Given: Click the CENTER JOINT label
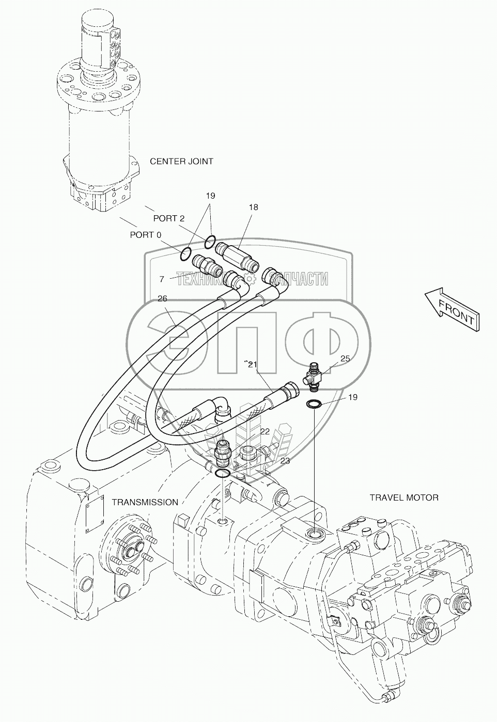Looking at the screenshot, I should coord(181,162).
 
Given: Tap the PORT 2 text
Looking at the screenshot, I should coord(168,218).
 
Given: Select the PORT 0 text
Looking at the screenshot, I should coord(145,235).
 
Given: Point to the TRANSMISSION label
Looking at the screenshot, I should coord(145,502).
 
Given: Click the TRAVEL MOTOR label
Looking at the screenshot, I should coord(404,498).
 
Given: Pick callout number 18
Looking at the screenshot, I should coord(253,207).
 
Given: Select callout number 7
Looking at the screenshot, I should coord(162,279).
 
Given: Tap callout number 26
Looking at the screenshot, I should coord(162,298).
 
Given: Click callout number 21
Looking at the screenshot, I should coord(252,364).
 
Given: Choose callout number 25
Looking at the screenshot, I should coord(345,358).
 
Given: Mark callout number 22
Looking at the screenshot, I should coord(265,431).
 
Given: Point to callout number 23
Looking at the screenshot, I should coord(285,461).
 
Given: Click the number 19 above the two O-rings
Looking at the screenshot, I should coord(210,196).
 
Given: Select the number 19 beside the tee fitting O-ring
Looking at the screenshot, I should coord(352,397).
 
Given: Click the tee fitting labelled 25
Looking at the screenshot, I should coord(315,374).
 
